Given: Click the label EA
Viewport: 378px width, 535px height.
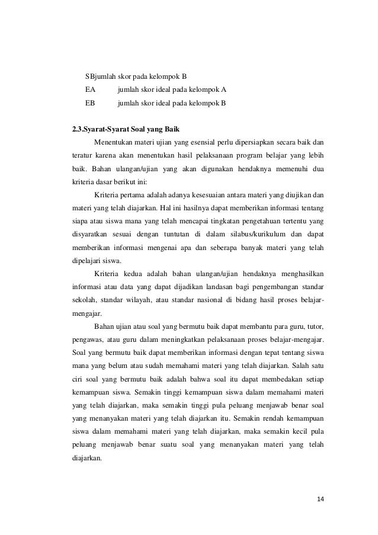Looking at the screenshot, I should pos(90,90).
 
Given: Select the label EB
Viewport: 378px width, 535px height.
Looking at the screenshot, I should pos(90,104).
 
